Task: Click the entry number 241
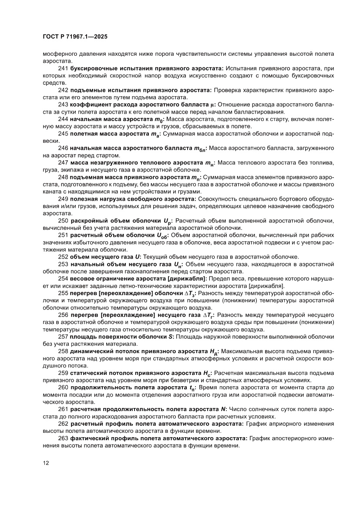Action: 63,69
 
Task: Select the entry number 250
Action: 63,221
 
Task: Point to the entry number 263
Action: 63,439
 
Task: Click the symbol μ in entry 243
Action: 213,104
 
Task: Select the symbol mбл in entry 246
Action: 199,148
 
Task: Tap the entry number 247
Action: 63,162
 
